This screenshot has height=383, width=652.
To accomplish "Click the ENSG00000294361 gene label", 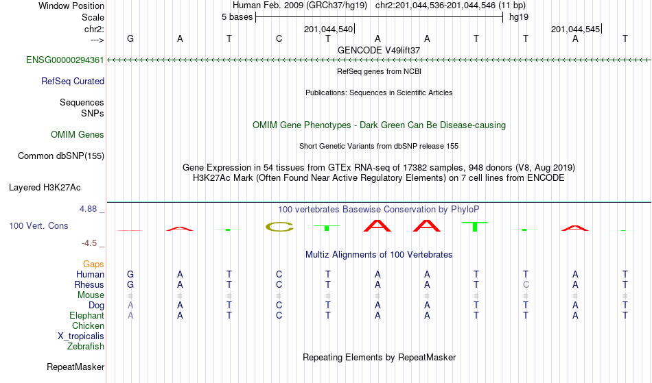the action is (x=65, y=60).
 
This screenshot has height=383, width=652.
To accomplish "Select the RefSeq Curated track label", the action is (x=73, y=81).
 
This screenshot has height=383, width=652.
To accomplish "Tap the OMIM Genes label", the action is (x=78, y=134).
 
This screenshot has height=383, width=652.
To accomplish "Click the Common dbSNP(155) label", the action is (x=61, y=156).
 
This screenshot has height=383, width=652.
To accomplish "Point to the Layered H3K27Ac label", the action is (x=45, y=187).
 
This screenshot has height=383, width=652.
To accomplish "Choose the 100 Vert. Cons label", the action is (x=38, y=225).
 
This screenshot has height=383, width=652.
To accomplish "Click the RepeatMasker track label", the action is (x=75, y=367).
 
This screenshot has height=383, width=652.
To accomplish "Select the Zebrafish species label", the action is (x=86, y=346).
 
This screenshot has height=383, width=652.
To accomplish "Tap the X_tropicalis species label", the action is (x=81, y=336).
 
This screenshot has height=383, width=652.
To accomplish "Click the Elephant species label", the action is (x=87, y=315).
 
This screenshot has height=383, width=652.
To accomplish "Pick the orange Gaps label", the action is (x=93, y=264).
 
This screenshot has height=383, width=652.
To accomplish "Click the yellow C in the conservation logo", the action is (x=279, y=227).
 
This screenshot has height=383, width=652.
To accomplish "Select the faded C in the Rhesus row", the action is (x=526, y=284).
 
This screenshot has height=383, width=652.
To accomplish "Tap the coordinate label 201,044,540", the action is (x=329, y=29).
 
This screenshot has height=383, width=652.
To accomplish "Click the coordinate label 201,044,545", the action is (x=576, y=29).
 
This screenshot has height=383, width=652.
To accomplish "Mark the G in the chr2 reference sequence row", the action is (x=130, y=38).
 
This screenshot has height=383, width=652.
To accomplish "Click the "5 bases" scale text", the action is (x=237, y=17).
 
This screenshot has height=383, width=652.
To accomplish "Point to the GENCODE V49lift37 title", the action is (x=379, y=50).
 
